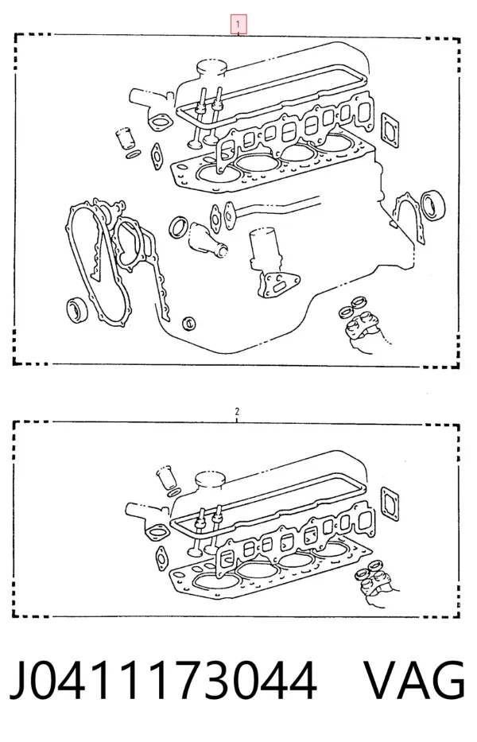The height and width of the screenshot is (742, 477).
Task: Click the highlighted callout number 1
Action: [x=238, y=24]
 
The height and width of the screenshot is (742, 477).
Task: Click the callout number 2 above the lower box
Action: [x=237, y=411]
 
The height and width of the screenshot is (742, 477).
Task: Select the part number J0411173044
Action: [x=163, y=681]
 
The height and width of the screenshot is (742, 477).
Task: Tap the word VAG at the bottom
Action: [x=414, y=680]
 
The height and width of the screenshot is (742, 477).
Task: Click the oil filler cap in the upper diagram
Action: [x=211, y=68]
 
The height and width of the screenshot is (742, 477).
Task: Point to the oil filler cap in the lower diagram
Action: [x=209, y=480]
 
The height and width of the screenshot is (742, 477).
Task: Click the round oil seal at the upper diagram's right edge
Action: [x=433, y=204]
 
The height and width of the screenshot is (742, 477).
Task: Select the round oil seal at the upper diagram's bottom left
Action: [x=77, y=309]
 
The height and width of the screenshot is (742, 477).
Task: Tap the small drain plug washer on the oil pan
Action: [x=189, y=323]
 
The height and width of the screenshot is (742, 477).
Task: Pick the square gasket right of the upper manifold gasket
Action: [x=390, y=130]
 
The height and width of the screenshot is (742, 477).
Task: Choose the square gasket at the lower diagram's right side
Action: [x=390, y=503]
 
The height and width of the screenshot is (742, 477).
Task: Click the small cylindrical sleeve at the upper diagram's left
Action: [x=126, y=138]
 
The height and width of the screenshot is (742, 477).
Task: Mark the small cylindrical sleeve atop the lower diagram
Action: [x=167, y=478]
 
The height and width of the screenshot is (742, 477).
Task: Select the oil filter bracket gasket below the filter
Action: [x=278, y=285]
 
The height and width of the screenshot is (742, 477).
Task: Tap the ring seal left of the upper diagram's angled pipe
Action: [x=178, y=227]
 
